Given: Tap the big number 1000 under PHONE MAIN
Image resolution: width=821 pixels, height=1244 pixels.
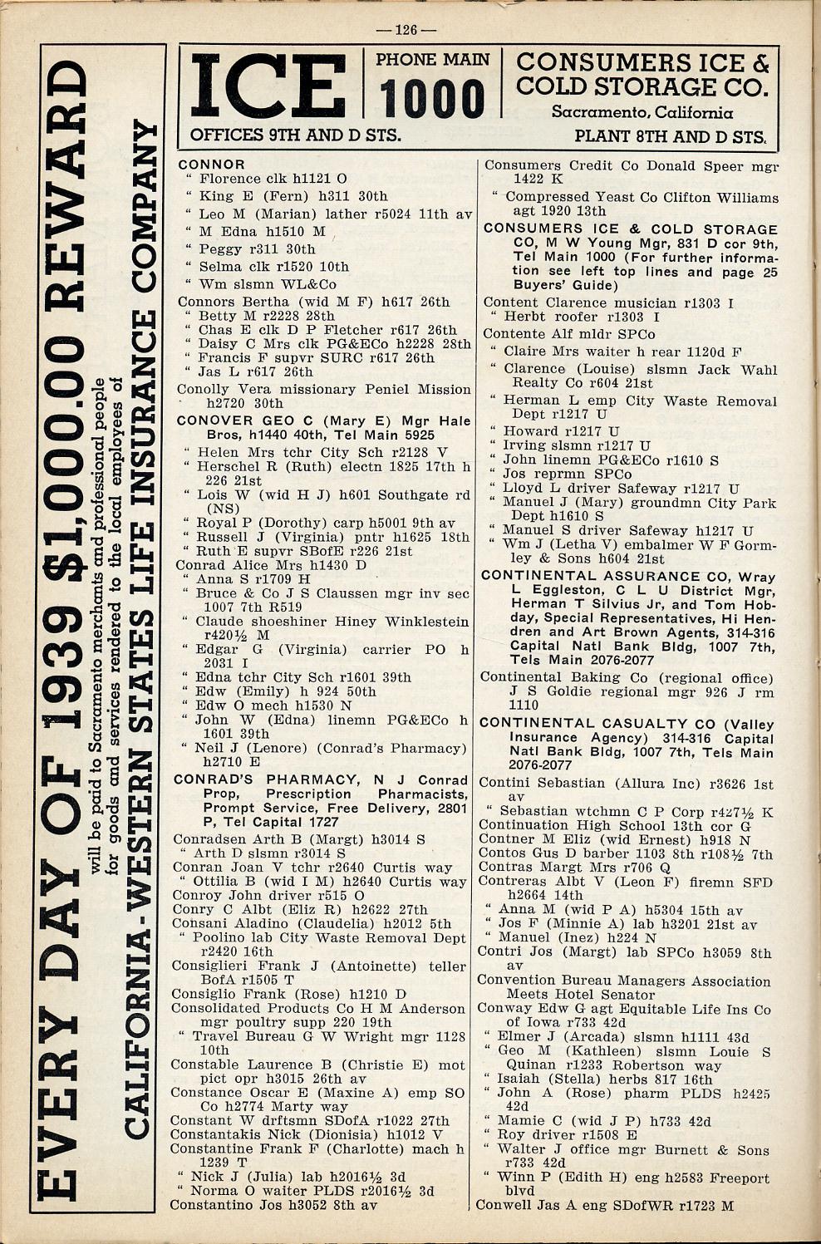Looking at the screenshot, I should pyautogui.click(x=432, y=99).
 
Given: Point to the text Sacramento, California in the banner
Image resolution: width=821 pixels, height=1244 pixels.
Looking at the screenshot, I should pyautogui.click(x=642, y=111).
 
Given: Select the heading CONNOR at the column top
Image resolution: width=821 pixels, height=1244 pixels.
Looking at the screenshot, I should pyautogui.click(x=212, y=165).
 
